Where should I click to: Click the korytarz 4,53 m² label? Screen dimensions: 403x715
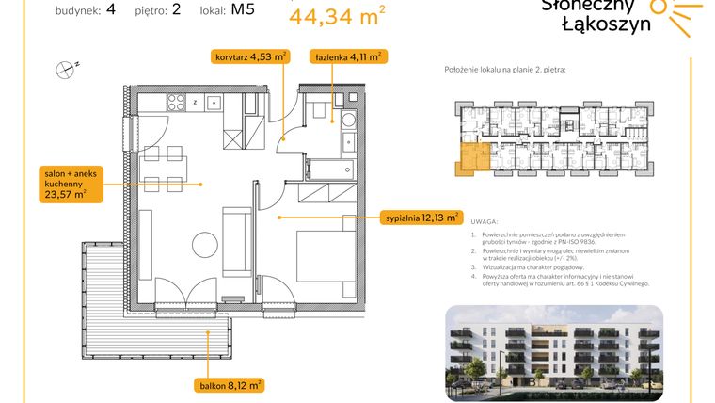249,57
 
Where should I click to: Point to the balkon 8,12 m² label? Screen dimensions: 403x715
230,384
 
